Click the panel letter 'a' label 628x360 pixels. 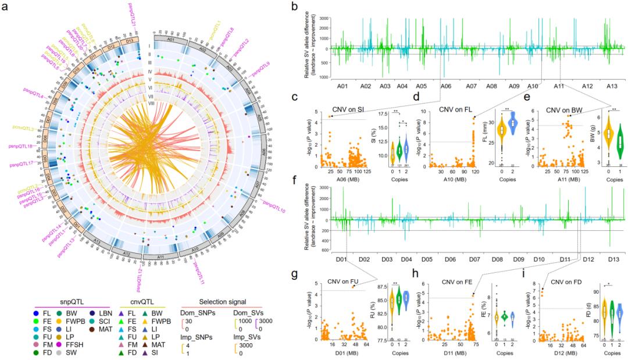point(5,7)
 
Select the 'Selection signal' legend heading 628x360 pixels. point(202,286)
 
